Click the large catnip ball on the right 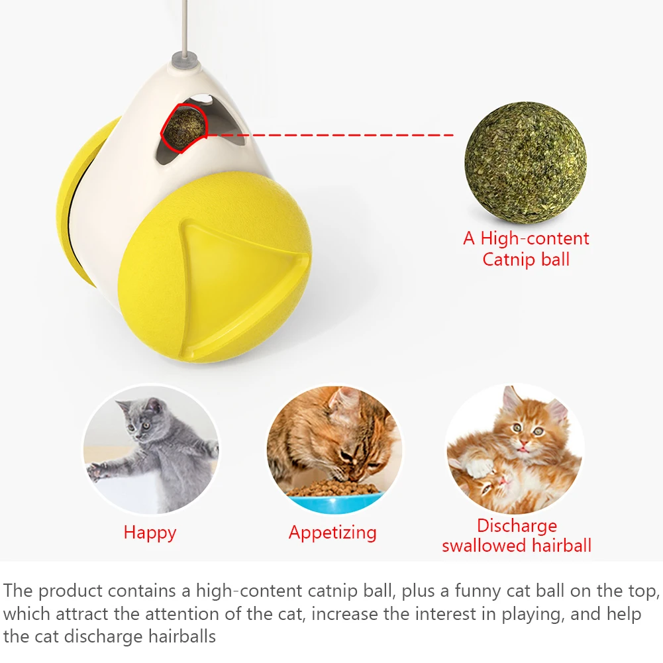click(525, 163)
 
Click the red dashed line click(331, 135)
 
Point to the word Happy click(150, 533)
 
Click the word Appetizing click(332, 533)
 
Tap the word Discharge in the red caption click(517, 526)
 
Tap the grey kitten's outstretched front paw click(99, 471)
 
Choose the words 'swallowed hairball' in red click(517, 546)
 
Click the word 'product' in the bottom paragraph click(74, 591)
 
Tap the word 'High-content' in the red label click(535, 238)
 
